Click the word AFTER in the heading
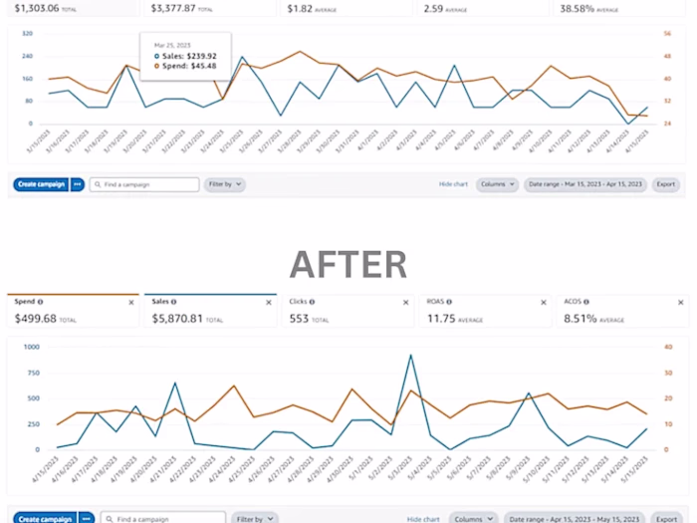click(348, 264)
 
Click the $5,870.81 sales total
click(178, 319)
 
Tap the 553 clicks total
click(299, 319)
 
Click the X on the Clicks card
click(404, 302)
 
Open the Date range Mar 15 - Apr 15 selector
click(585, 184)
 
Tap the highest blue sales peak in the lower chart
click(410, 355)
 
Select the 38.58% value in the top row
click(579, 7)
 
